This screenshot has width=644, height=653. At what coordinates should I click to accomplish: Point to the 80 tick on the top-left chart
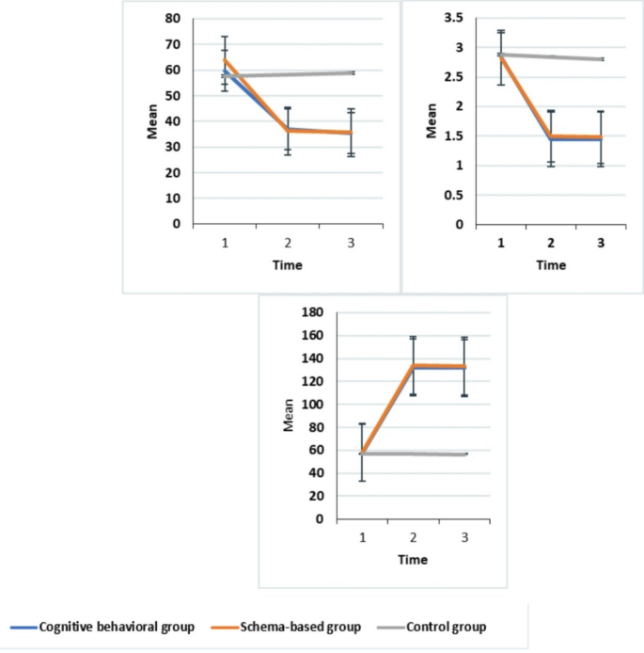174,18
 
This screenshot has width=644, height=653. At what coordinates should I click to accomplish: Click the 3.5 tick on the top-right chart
453,18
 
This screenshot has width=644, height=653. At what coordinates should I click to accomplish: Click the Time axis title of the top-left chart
288,264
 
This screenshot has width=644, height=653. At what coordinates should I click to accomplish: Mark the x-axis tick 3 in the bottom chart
464,536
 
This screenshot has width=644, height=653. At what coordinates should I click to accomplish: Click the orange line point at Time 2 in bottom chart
414,365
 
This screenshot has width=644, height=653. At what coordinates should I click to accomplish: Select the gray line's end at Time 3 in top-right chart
602,59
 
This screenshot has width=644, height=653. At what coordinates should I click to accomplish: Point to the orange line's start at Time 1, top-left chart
224,59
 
